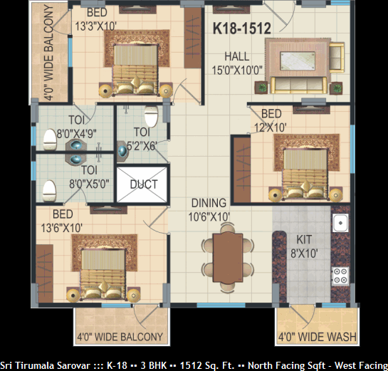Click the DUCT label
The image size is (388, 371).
[x=144, y=184]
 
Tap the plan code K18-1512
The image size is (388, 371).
[x=242, y=28]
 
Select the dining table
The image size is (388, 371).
[x=228, y=258]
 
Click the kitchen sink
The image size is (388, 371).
[x=340, y=223]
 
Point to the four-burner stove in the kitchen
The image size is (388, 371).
[x=340, y=276]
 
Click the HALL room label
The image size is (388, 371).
[x=237, y=56]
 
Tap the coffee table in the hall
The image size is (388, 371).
[x=298, y=61]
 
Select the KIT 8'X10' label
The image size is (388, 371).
[x=304, y=246]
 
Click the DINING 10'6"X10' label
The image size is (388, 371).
[x=209, y=210]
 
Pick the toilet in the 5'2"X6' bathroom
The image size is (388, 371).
[x=151, y=116]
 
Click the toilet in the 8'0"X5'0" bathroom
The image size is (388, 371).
[x=49, y=191]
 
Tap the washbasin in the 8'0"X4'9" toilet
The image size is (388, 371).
[x=76, y=145]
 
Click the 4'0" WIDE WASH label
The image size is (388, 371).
[x=318, y=337]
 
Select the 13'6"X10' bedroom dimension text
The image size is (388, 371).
[x=61, y=228]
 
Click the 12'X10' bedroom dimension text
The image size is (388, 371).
[x=271, y=127]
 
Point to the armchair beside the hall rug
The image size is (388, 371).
[x=337, y=58]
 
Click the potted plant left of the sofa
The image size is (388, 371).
[x=261, y=88]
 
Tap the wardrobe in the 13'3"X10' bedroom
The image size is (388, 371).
[x=192, y=38]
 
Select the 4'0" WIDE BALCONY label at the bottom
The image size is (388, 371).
[x=120, y=337]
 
